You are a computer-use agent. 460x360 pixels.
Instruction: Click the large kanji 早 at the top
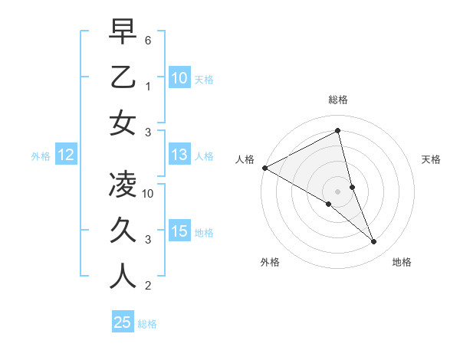pos(123,32)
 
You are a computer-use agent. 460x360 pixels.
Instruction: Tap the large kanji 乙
pos(123,77)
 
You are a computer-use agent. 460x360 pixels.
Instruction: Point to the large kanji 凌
pos(123,185)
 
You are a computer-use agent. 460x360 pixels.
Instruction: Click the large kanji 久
pos(123,231)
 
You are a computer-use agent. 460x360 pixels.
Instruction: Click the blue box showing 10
pos(179,78)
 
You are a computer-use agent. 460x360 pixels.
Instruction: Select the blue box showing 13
pos(179,155)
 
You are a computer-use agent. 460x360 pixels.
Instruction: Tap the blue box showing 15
pos(179,232)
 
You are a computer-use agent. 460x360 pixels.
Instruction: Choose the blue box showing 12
pos(65,155)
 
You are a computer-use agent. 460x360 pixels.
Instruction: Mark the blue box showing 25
pos(123,322)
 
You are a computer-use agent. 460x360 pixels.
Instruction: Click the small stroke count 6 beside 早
pos(148,39)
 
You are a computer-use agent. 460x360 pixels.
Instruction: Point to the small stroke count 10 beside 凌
pos(148,194)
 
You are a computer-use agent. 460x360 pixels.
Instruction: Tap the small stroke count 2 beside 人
pos(148,286)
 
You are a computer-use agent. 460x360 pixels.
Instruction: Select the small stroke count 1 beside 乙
pos(148,86)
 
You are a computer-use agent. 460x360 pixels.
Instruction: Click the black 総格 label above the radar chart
pos(337,100)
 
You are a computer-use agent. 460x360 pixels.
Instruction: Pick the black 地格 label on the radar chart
pos(402,263)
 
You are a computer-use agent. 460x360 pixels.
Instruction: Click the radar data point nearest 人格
pos(264,167)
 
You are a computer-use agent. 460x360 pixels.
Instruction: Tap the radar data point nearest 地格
pos(374,242)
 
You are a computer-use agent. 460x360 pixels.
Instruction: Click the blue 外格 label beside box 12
pos(41,156)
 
